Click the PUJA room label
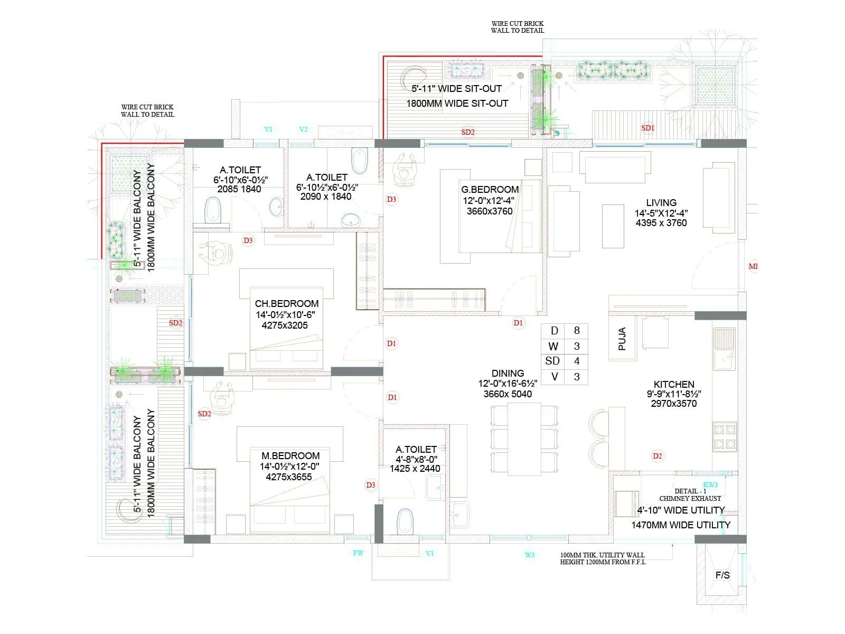pyautogui.click(x=622, y=339)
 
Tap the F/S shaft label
pyautogui.click(x=722, y=575)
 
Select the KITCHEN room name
pyautogui.click(x=673, y=384)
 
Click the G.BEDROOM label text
pyautogui.click(x=490, y=189)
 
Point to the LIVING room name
pyautogui.click(x=661, y=202)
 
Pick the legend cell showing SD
pyautogui.click(x=552, y=361)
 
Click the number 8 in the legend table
pyautogui.click(x=576, y=330)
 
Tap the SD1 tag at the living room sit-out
pyautogui.click(x=647, y=128)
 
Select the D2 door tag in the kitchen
pyautogui.click(x=657, y=456)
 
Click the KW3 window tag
pyautogui.click(x=710, y=484)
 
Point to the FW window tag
pyautogui.click(x=358, y=553)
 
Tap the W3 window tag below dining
pyautogui.click(x=529, y=555)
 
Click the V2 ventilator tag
pyautogui.click(x=303, y=129)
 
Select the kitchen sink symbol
pyautogui.click(x=724, y=350)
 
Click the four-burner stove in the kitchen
pyautogui.click(x=725, y=436)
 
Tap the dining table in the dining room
pyautogui.click(x=524, y=439)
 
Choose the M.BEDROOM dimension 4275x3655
pyautogui.click(x=289, y=477)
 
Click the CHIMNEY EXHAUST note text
pyautogui.click(x=690, y=498)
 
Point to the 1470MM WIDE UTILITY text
pyautogui.click(x=680, y=525)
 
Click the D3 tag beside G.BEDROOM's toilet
pyautogui.click(x=391, y=199)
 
